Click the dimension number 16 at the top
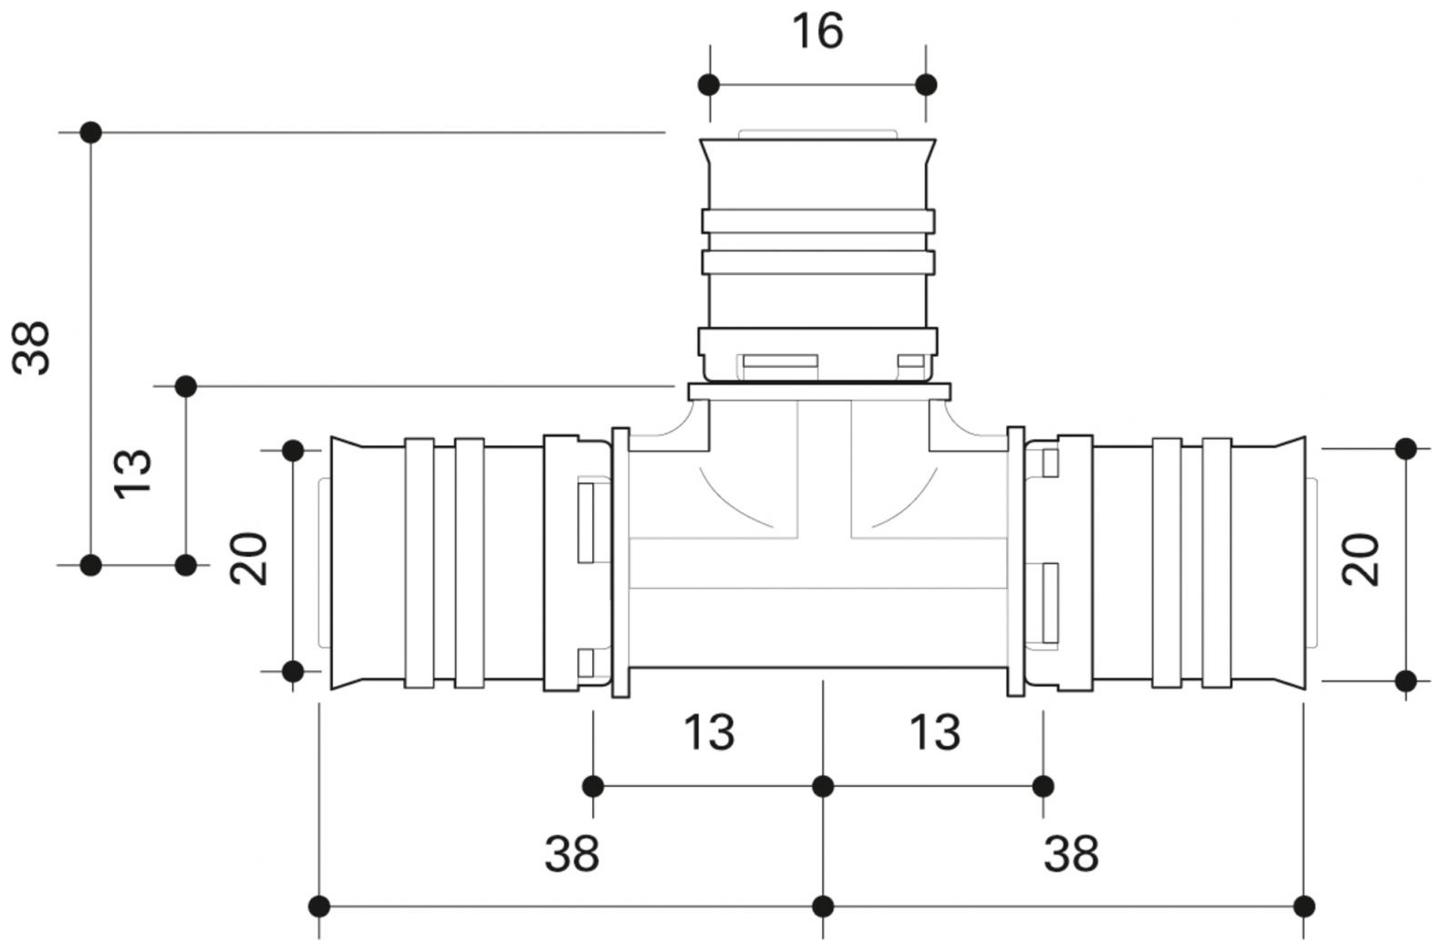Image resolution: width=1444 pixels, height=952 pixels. click(x=816, y=32)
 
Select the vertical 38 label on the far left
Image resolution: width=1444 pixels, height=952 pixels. click(x=32, y=348)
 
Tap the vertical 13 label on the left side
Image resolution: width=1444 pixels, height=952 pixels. click(x=132, y=472)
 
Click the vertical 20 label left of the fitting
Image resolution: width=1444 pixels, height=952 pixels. click(x=249, y=559)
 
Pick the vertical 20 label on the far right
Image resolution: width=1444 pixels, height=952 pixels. click(x=1361, y=560)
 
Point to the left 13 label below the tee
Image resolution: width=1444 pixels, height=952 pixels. click(x=709, y=732)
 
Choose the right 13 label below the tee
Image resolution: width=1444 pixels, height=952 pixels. click(x=935, y=732)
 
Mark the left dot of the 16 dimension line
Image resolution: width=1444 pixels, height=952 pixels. click(x=709, y=85)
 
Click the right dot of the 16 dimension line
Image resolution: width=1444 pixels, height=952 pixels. click(x=926, y=85)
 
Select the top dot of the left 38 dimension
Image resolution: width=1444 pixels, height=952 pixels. click(x=90, y=132)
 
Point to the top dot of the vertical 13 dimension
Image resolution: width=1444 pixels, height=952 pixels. click(x=185, y=386)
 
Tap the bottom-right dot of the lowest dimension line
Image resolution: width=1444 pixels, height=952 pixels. click(x=1304, y=906)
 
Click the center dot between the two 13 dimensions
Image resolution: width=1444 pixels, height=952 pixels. click(x=823, y=786)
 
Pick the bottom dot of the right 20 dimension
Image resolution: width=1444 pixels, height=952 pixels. click(x=1406, y=680)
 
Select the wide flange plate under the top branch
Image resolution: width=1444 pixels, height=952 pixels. click(x=818, y=392)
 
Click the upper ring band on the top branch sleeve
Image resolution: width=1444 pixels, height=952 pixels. click(x=818, y=221)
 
